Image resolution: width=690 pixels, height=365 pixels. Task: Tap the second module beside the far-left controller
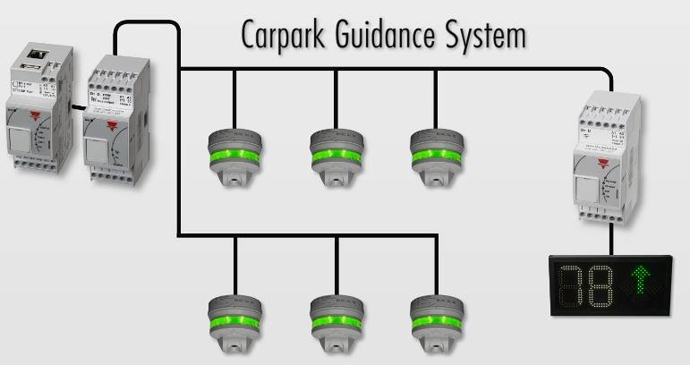click(112, 116)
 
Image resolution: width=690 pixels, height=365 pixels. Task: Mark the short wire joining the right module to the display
click(612, 240)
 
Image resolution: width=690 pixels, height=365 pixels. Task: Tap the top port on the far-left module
click(38, 55)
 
